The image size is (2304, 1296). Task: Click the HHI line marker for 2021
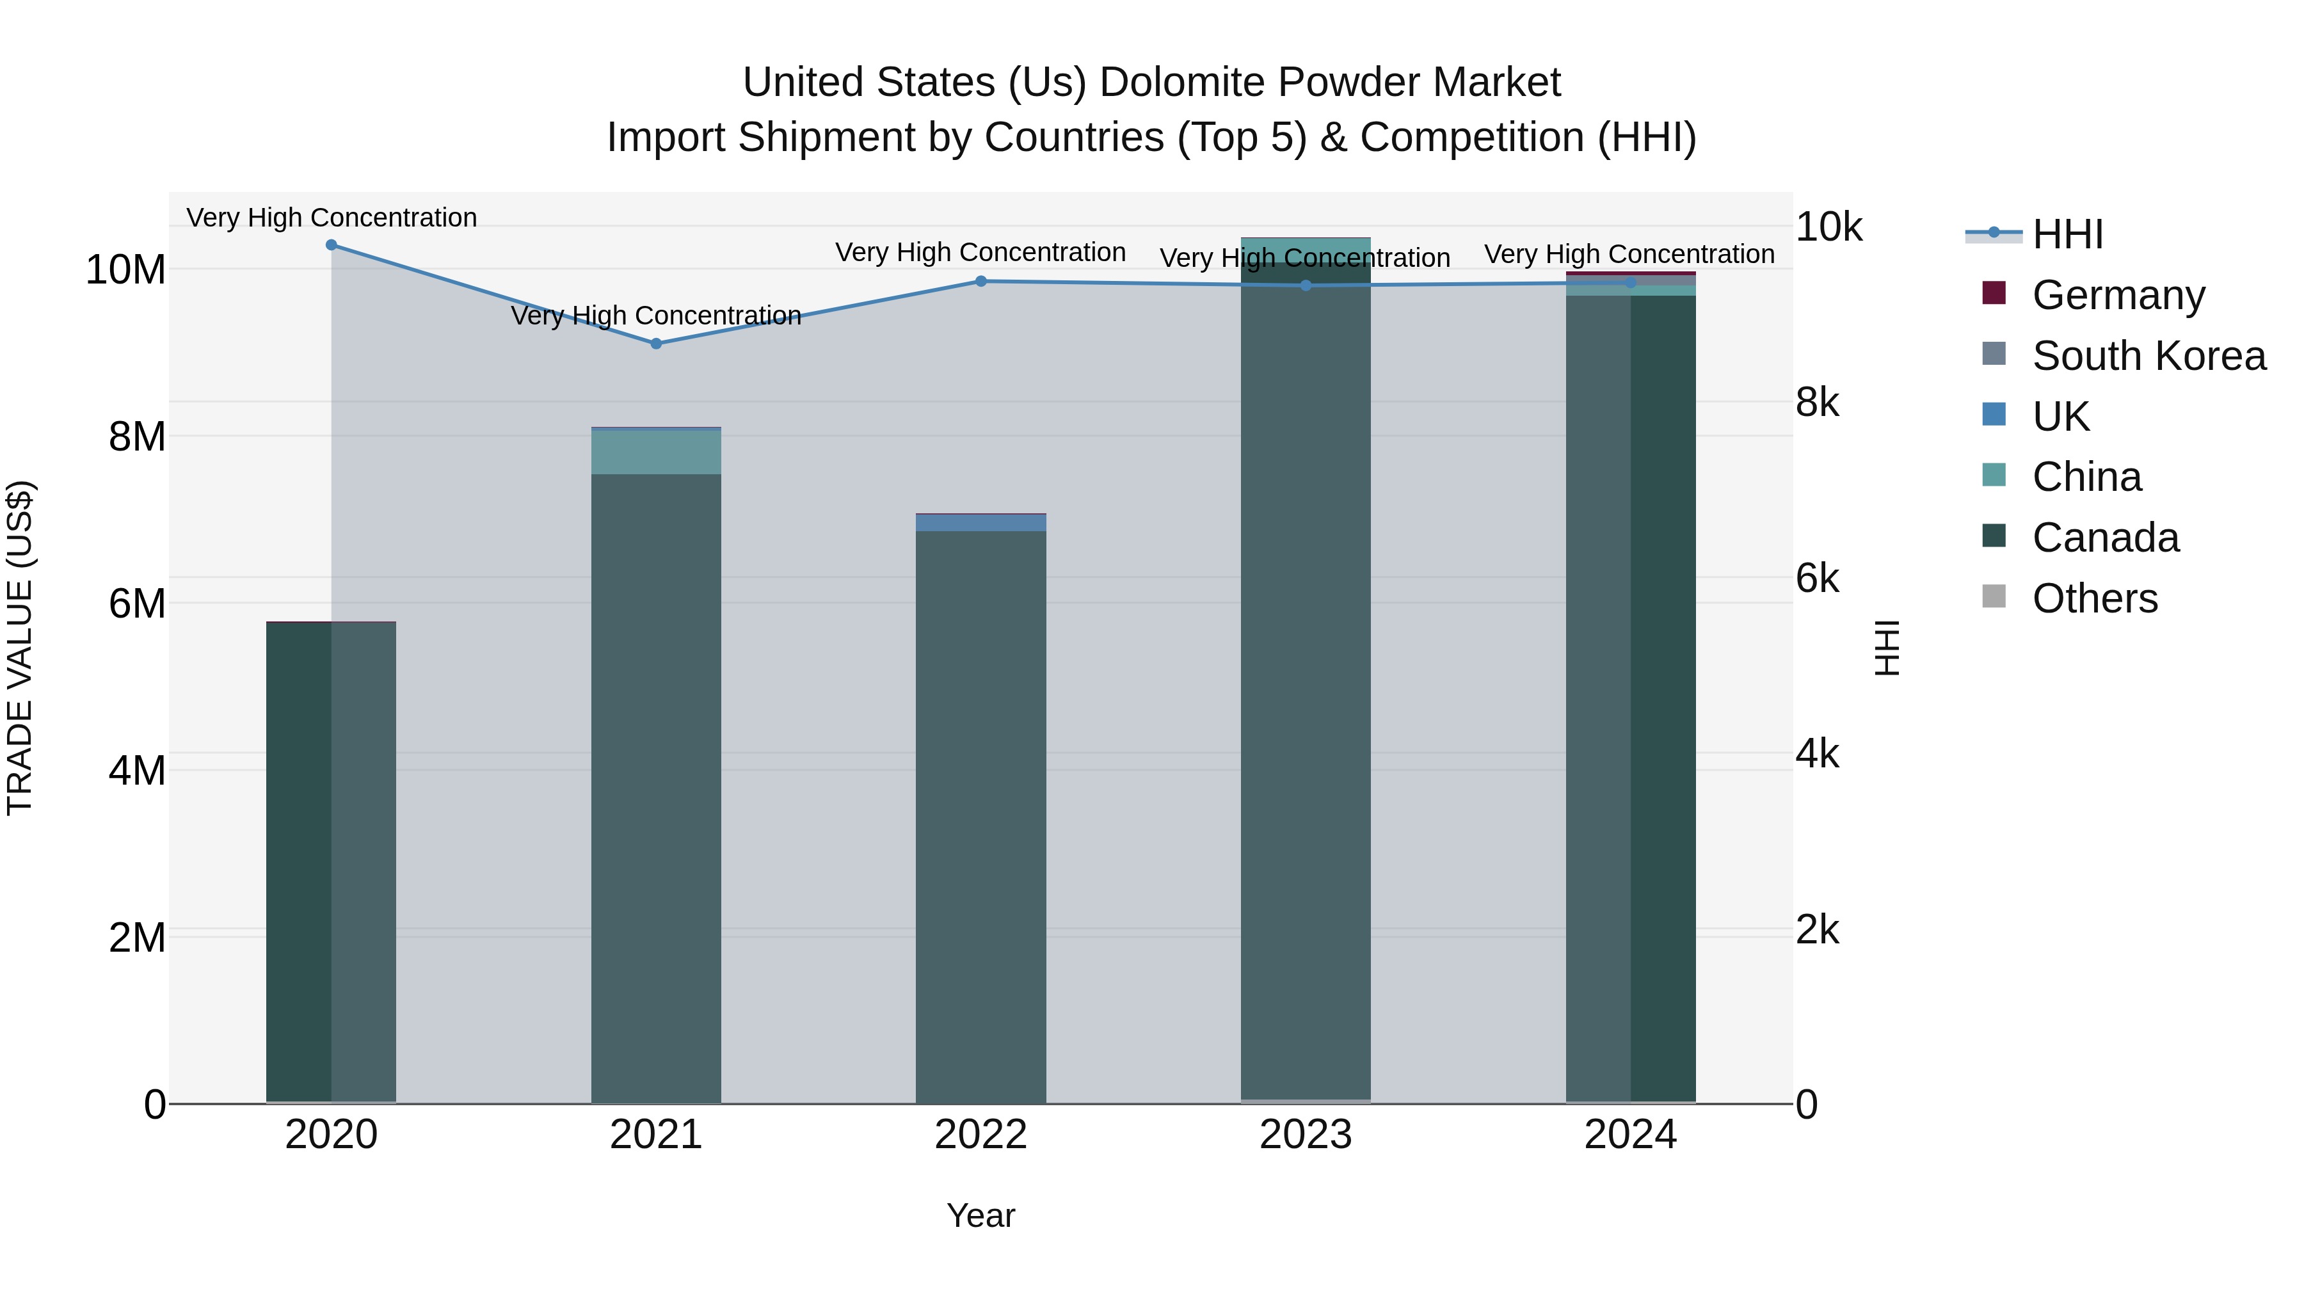(x=655, y=344)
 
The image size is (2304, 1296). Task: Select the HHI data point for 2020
(x=331, y=245)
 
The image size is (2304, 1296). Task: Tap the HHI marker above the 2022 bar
(x=980, y=282)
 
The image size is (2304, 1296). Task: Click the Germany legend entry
(x=2117, y=295)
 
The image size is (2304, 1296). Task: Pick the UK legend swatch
(x=1994, y=415)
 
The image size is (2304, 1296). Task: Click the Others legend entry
(x=2094, y=598)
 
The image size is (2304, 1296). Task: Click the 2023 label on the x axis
(x=1305, y=1135)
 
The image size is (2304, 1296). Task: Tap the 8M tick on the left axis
(x=137, y=436)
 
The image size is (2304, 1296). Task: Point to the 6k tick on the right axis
(x=1816, y=579)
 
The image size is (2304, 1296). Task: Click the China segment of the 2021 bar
(x=655, y=452)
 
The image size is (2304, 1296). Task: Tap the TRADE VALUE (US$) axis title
(x=20, y=648)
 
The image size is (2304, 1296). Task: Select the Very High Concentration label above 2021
(x=655, y=316)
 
